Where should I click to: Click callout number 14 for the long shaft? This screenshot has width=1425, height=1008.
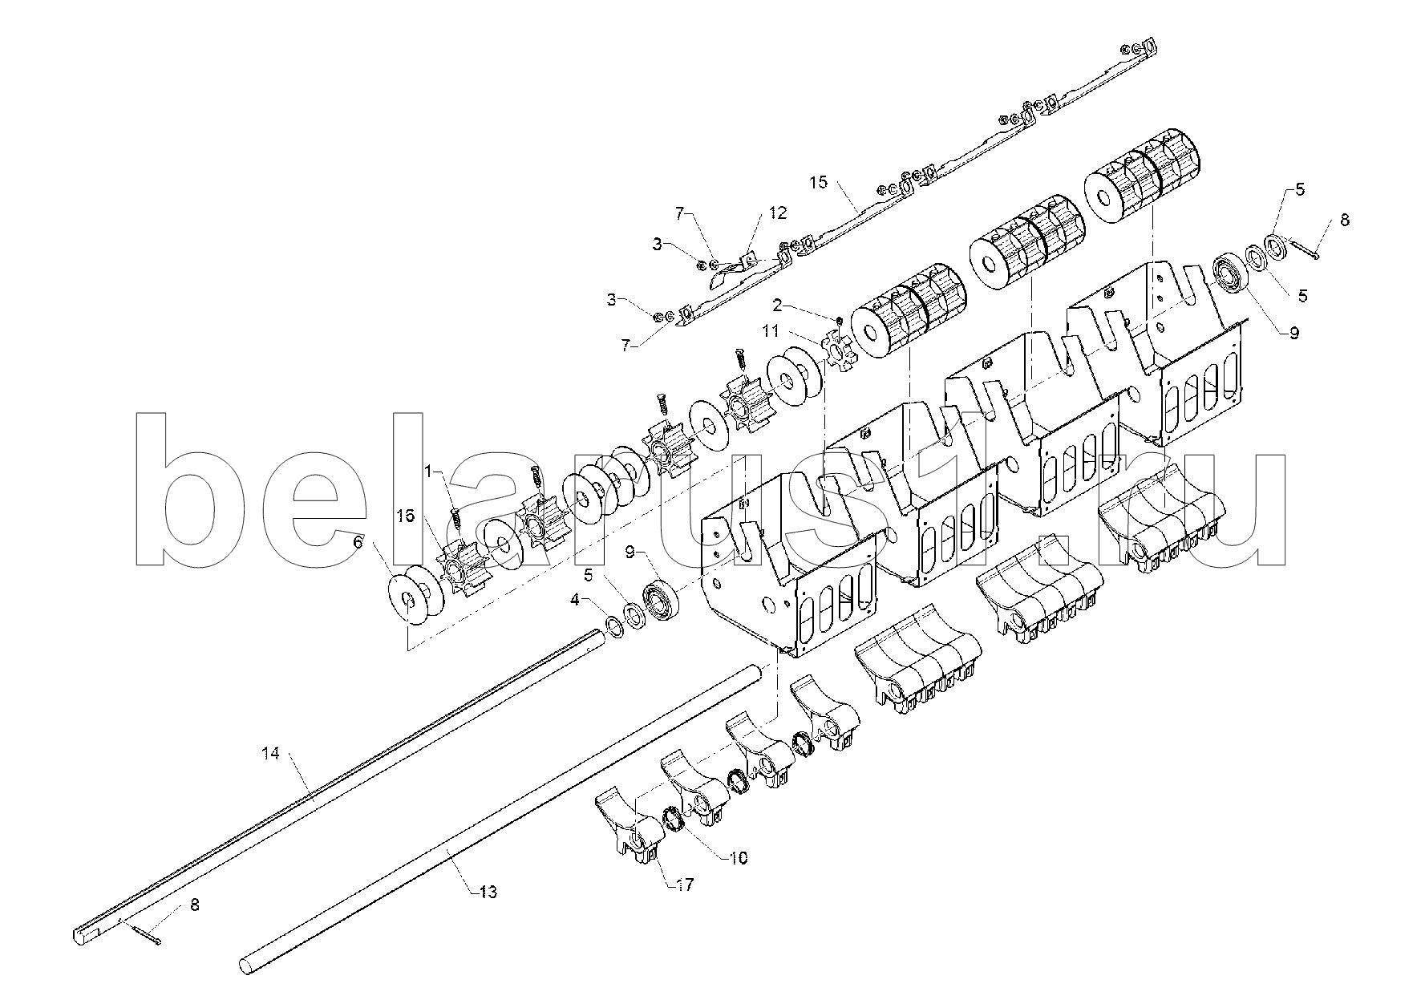coord(270,755)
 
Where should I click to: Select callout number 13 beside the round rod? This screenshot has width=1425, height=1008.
coord(488,892)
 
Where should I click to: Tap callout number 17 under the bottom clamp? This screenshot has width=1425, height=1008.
coord(685,885)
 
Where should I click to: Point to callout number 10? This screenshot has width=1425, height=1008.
coord(739,858)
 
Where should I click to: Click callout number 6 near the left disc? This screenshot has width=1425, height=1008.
coord(358,543)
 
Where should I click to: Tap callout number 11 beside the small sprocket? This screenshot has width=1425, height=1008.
coord(771,330)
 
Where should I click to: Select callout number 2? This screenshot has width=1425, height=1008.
coord(777,305)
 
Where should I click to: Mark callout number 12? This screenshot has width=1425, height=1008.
coord(777,213)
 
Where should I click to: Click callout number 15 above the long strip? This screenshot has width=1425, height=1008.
coord(817,183)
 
